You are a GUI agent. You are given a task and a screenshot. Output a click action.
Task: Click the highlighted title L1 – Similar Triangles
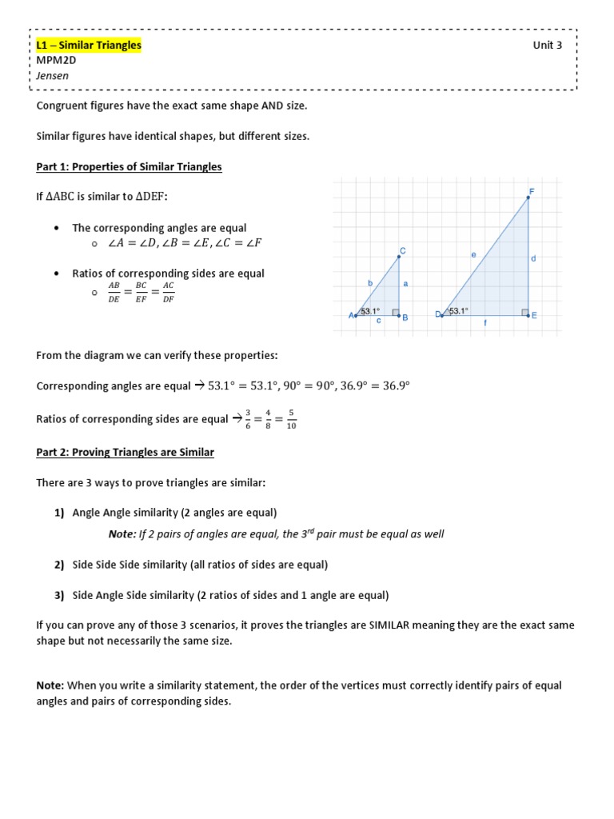(x=89, y=46)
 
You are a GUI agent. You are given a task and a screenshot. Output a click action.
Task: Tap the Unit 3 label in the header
(x=548, y=46)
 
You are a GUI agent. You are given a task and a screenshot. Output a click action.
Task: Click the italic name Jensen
(x=53, y=76)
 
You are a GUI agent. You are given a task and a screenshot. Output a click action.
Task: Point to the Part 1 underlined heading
(x=129, y=166)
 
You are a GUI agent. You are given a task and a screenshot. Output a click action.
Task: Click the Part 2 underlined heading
(x=125, y=452)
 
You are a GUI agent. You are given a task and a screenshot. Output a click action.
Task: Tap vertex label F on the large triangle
(x=532, y=191)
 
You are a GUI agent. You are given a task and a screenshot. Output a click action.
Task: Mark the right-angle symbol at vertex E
(x=524, y=312)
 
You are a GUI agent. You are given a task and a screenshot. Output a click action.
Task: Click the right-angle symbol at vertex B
(x=396, y=312)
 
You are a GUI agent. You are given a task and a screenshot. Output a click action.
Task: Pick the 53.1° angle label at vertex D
(x=458, y=311)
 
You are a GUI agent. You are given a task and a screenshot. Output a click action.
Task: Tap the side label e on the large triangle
(x=473, y=254)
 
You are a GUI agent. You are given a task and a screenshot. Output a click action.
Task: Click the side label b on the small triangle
(x=369, y=282)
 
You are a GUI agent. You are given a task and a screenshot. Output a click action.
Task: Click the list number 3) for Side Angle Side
(x=59, y=595)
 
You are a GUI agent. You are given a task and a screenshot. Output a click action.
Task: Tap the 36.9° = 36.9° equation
(x=374, y=386)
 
